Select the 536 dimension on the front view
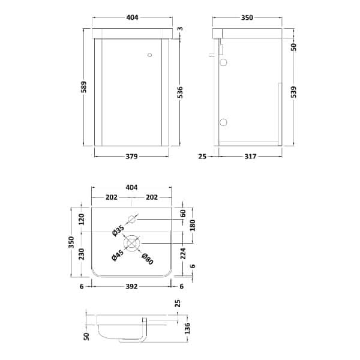pos(180,92)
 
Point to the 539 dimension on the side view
pos(294,92)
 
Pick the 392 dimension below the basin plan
pos(132,286)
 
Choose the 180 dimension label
pos(192,225)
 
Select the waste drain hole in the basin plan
pos(132,242)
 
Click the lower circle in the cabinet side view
pos(223,122)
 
